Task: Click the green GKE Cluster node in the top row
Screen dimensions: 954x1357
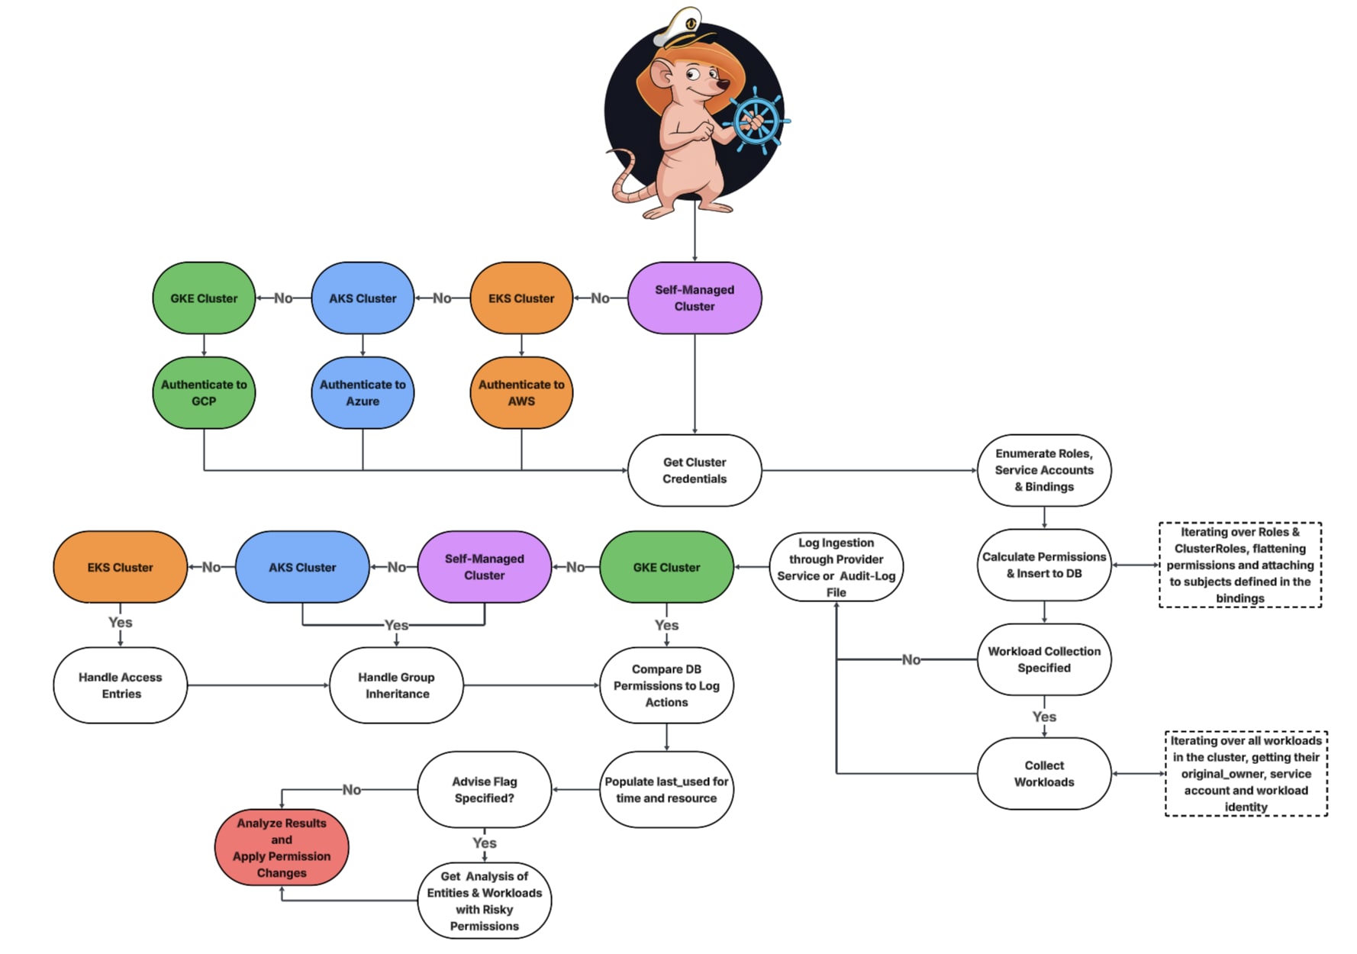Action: (204, 298)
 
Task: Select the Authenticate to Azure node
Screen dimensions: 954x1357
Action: (363, 393)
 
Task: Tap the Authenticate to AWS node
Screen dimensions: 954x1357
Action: (521, 393)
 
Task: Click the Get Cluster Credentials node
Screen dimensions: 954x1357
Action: (695, 470)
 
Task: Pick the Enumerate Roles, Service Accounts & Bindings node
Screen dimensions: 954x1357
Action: (1044, 470)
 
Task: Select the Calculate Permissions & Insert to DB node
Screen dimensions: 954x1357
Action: (1044, 565)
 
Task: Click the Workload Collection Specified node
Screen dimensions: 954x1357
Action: (1044, 659)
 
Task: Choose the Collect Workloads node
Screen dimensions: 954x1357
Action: (1044, 773)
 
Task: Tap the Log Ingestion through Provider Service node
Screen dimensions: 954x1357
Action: (836, 567)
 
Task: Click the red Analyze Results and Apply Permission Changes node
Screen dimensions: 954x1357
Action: (282, 848)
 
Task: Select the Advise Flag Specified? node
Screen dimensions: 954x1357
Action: (485, 790)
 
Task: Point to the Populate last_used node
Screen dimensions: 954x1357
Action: (666, 790)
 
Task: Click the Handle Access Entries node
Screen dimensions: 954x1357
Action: (121, 685)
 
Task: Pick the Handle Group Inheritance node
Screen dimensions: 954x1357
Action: (397, 685)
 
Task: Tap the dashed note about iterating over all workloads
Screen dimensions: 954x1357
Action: (1246, 773)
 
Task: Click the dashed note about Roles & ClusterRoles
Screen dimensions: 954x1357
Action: (1239, 565)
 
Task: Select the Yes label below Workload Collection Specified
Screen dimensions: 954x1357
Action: (1044, 717)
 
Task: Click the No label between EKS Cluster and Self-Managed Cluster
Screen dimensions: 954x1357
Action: (600, 298)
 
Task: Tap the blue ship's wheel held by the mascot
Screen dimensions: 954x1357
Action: (756, 121)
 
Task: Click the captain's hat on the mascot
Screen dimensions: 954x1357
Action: (682, 28)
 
